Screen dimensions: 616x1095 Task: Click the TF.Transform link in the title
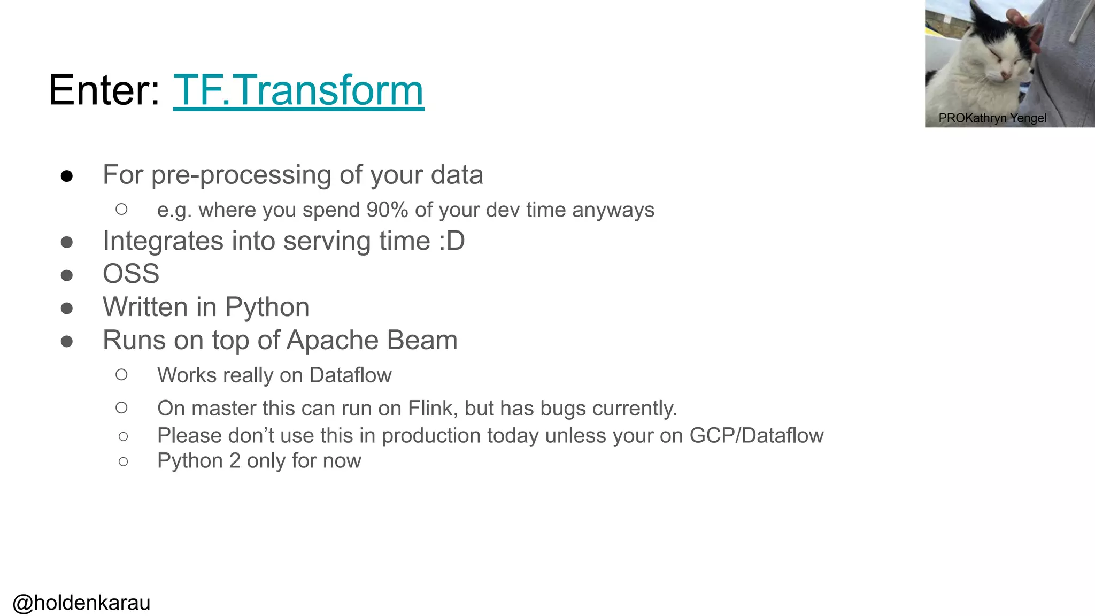298,91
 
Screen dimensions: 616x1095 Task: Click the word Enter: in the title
104,91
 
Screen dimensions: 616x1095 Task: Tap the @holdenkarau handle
81,603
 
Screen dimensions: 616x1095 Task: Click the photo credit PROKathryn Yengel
992,118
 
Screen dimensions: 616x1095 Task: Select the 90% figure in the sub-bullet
387,210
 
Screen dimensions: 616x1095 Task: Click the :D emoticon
452,241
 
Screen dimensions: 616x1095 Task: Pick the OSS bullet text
131,274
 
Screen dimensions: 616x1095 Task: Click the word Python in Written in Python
267,307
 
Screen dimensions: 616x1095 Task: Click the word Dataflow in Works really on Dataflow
350,375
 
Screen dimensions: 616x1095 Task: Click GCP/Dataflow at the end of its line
756,436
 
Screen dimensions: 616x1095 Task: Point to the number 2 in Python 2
235,461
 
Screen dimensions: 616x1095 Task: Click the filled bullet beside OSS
67,275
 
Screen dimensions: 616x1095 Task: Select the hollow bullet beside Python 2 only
124,461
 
